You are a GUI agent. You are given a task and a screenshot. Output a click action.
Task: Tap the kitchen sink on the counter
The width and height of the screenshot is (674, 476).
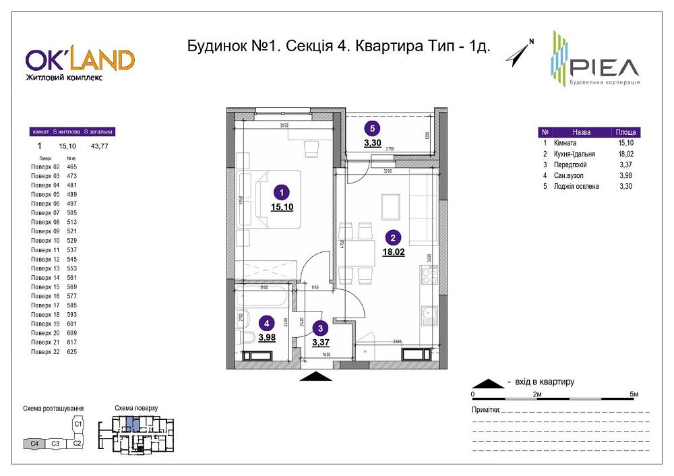[429, 314]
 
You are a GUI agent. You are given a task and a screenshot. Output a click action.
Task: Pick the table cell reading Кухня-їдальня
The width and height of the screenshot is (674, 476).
[574, 154]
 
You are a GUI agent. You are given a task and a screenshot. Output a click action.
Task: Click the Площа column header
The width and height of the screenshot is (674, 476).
[625, 132]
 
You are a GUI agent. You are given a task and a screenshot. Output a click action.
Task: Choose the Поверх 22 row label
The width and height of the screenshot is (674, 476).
[46, 351]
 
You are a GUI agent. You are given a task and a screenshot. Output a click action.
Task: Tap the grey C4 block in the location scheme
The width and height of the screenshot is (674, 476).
[34, 443]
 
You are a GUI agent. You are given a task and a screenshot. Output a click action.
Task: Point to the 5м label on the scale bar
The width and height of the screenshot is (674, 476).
[633, 393]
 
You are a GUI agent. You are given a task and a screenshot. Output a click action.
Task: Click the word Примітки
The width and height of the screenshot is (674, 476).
[485, 410]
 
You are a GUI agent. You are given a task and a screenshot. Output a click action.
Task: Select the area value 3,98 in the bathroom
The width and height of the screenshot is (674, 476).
[267, 337]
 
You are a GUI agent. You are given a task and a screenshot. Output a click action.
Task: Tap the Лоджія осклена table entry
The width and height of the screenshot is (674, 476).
[576, 186]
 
